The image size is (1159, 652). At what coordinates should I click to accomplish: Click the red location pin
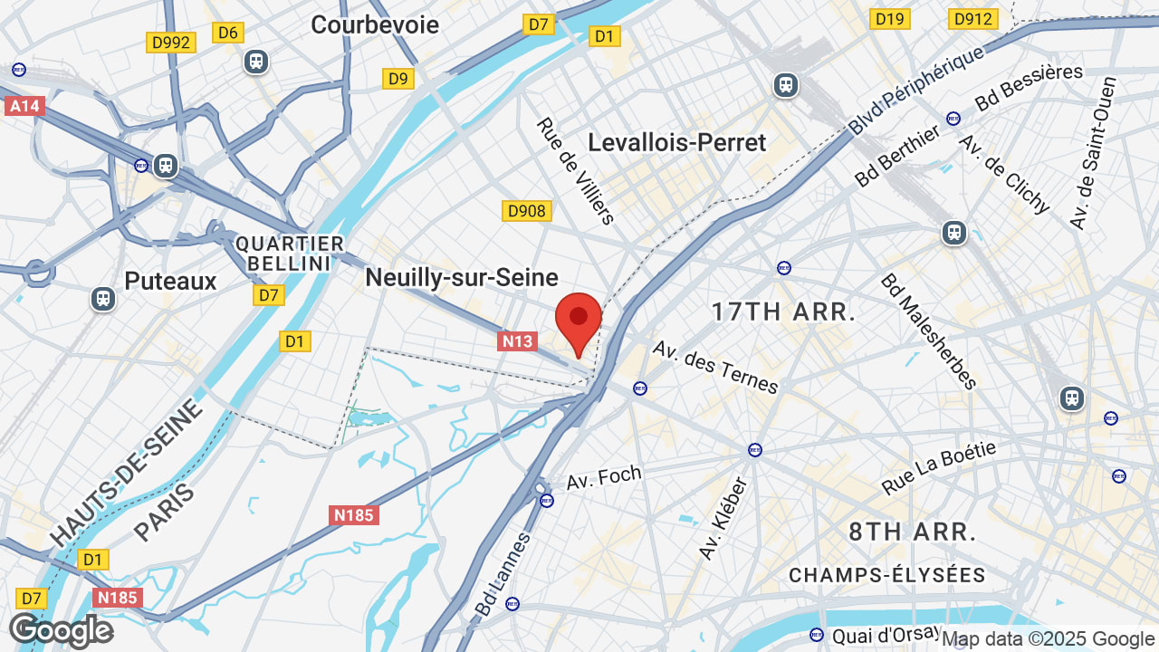(x=578, y=320)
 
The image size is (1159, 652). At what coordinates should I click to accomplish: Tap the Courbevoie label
(x=375, y=24)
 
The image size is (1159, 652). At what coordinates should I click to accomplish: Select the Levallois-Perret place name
(x=676, y=142)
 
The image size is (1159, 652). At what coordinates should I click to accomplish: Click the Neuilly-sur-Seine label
(x=462, y=277)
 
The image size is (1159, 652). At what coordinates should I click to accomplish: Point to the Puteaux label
(x=171, y=281)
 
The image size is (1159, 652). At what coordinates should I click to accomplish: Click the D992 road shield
(x=171, y=42)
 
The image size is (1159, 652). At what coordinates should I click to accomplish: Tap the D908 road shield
(x=527, y=211)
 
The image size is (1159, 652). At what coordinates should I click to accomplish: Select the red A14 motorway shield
(x=24, y=106)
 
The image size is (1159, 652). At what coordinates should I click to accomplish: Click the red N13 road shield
(x=517, y=340)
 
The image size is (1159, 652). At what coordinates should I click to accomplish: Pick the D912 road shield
(x=972, y=18)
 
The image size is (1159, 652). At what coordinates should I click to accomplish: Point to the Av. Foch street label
(x=604, y=477)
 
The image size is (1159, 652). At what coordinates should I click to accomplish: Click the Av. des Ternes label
(x=715, y=367)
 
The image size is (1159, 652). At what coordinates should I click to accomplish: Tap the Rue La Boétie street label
(x=939, y=467)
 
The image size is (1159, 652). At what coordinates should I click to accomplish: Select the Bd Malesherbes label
(x=928, y=331)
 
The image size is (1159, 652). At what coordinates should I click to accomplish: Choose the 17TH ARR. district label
(x=783, y=312)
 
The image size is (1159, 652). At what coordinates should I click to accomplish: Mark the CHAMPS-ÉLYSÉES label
(x=886, y=575)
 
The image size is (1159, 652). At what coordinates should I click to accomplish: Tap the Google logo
(x=61, y=630)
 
